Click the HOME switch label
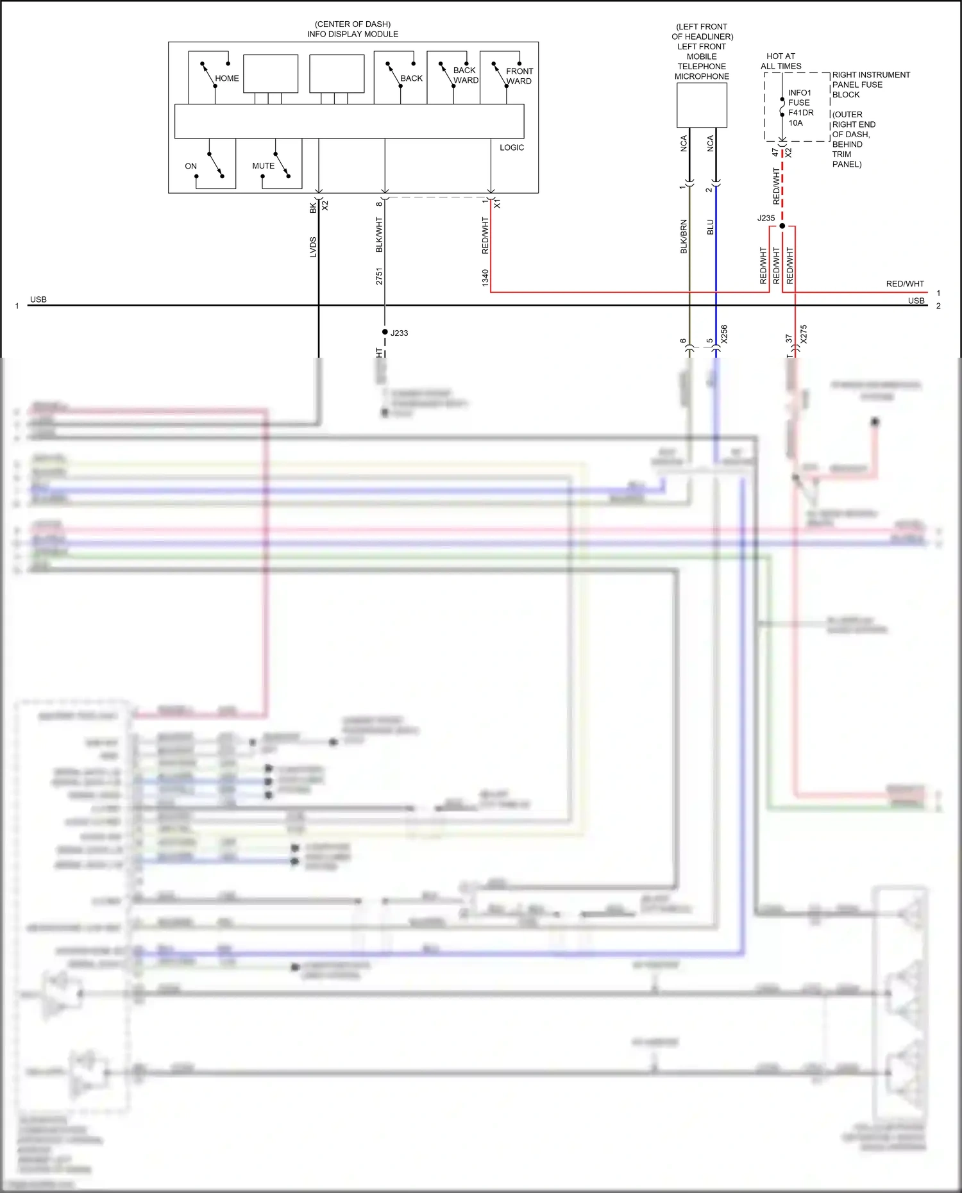pyautogui.click(x=226, y=78)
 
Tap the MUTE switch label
pyautogui.click(x=263, y=166)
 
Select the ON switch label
pyautogui.click(x=190, y=166)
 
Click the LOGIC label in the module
pyautogui.click(x=511, y=147)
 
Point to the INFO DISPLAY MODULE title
pyautogui.click(x=352, y=34)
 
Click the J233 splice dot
pyautogui.click(x=385, y=331)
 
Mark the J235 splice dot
pyautogui.click(x=782, y=226)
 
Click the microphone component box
pyautogui.click(x=702, y=105)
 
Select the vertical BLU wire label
pyautogui.click(x=710, y=227)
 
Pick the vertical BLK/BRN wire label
pyautogui.click(x=684, y=237)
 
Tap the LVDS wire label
pyautogui.click(x=313, y=247)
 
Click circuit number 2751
pyautogui.click(x=379, y=276)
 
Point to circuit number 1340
pyautogui.click(x=485, y=277)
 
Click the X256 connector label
pyautogui.click(x=724, y=334)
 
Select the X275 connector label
pyautogui.click(x=803, y=334)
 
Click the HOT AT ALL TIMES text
pyautogui.click(x=781, y=61)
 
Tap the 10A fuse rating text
pyautogui.click(x=795, y=123)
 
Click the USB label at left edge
pyautogui.click(x=38, y=299)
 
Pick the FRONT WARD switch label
pyautogui.click(x=519, y=76)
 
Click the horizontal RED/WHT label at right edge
pyautogui.click(x=904, y=283)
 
